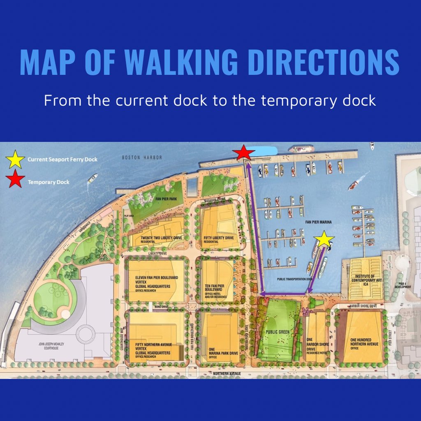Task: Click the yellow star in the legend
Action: pos(15,159)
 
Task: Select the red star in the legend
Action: pos(15,180)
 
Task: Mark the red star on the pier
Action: pos(243,153)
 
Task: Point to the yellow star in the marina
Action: pos(324,239)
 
